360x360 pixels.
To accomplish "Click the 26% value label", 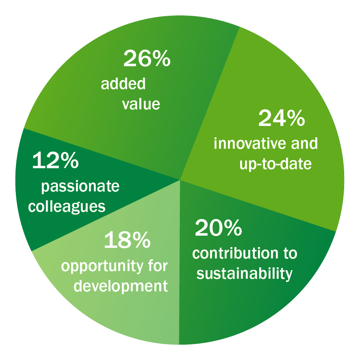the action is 147,59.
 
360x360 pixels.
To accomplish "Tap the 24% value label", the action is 282,118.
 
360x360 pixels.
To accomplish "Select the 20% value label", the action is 218,228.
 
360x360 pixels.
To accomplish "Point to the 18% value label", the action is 128,240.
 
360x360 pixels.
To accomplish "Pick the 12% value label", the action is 56,160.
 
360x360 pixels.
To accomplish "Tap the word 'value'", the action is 141,104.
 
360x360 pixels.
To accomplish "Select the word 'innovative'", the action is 250,143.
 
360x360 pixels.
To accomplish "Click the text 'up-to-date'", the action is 275,164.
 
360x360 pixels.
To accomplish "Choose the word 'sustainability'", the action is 245,273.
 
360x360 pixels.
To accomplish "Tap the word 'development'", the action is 121,286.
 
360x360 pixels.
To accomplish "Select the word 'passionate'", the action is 80,186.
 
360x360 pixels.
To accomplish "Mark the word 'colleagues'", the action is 67,206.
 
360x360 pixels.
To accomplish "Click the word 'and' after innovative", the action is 304,143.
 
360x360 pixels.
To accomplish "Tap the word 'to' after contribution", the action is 291,254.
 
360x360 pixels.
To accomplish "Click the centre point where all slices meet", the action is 180,180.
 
